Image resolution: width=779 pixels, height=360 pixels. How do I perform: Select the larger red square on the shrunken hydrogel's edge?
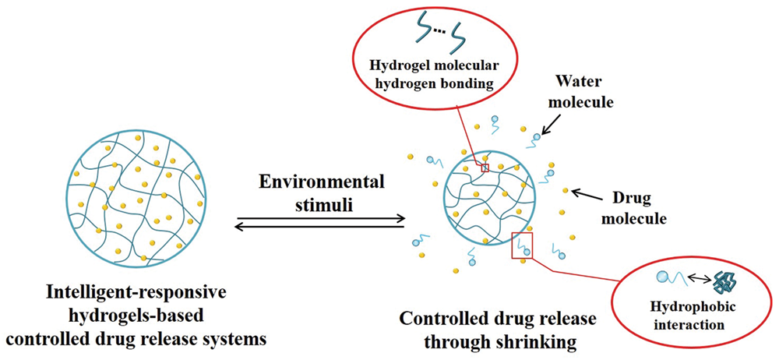(x=520, y=243)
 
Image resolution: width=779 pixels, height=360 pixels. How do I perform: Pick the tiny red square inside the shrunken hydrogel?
(x=485, y=168)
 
